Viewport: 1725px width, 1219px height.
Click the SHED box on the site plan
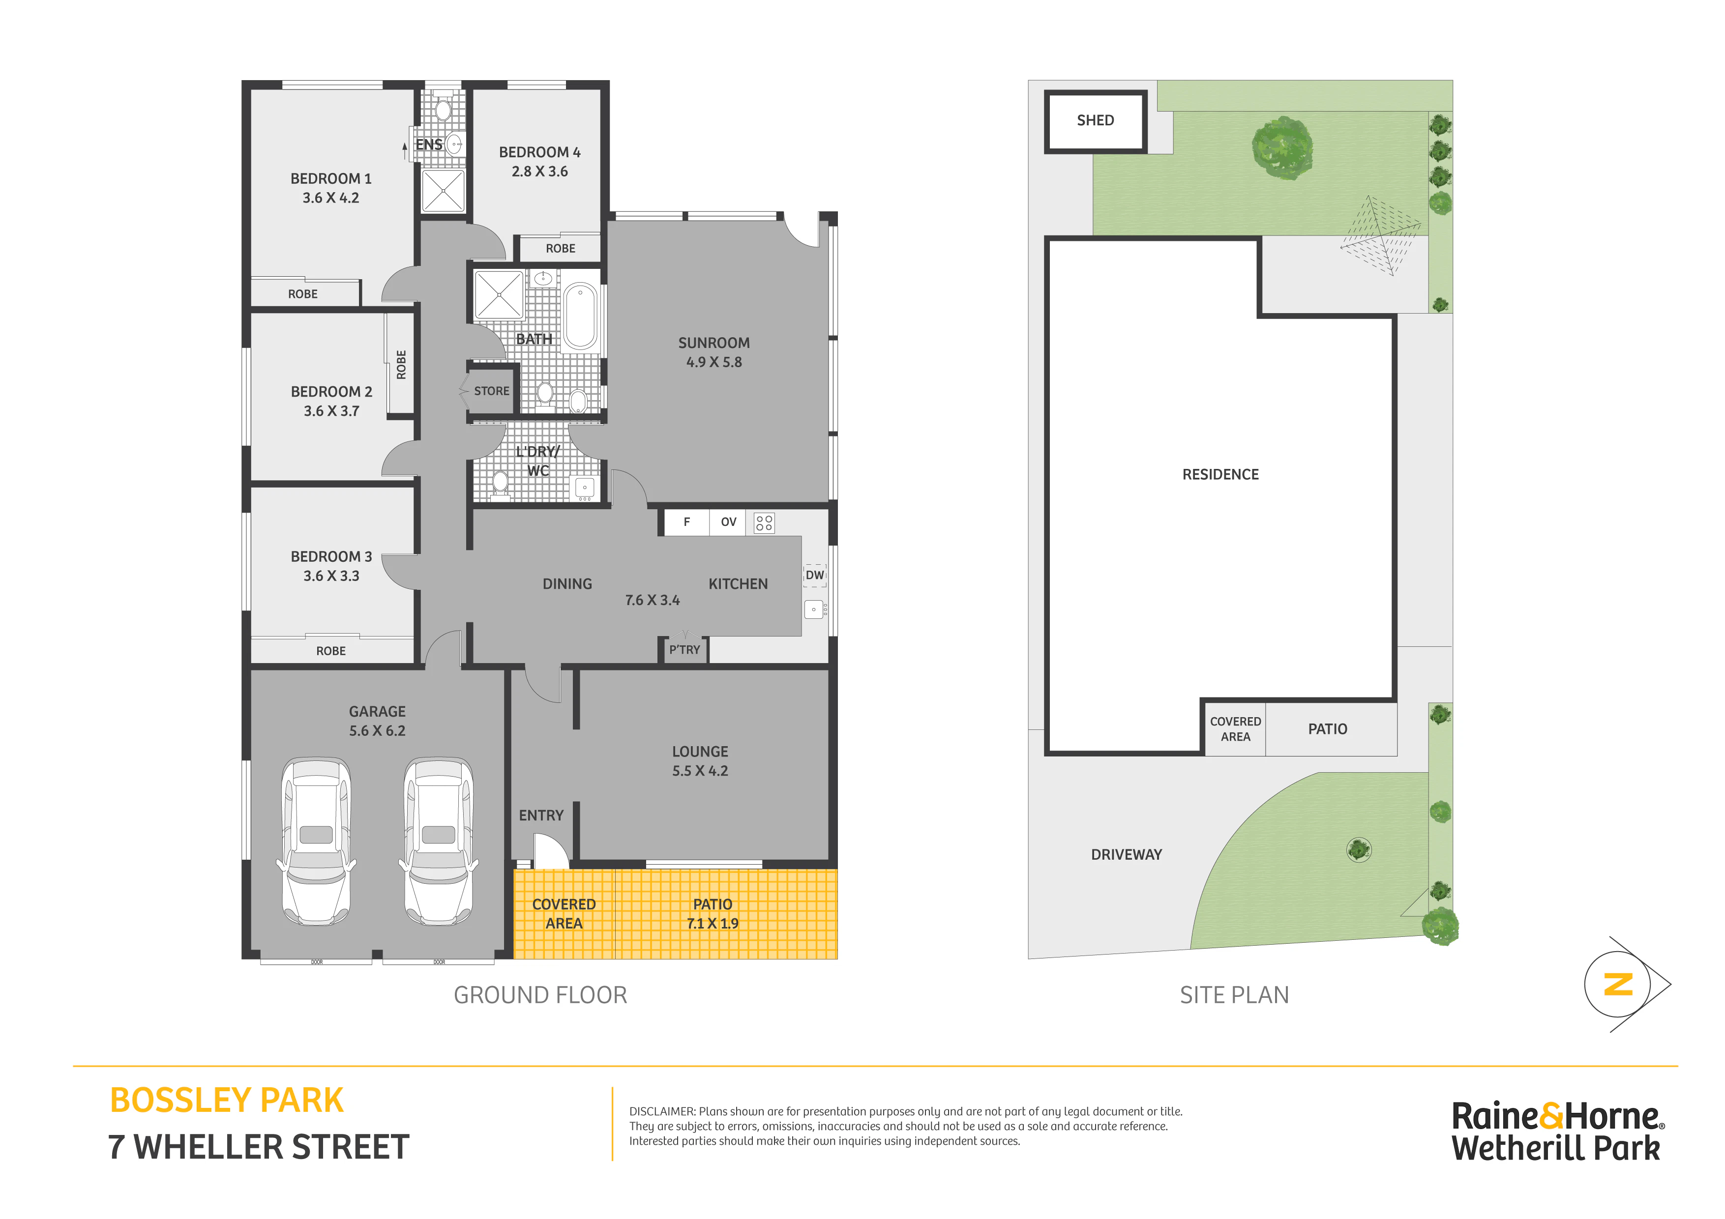point(1096,121)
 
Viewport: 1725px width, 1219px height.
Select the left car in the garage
point(316,841)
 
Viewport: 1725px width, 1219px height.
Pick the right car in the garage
point(439,841)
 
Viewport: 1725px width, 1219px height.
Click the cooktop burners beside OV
point(764,523)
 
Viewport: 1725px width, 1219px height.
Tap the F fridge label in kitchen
point(686,522)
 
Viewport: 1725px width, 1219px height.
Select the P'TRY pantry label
point(684,650)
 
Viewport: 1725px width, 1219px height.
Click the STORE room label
point(491,391)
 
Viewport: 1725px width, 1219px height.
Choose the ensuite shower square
point(443,191)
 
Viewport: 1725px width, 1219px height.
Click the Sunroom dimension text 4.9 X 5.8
point(714,362)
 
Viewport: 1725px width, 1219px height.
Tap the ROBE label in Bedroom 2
point(401,365)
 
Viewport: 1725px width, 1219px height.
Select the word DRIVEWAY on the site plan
point(1126,855)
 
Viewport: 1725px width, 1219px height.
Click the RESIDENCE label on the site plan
point(1220,475)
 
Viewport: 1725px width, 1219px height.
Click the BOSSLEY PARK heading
point(227,1101)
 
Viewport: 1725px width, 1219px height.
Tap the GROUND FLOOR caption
point(540,995)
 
